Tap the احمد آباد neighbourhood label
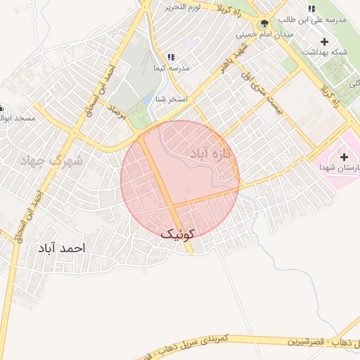(x=63, y=248)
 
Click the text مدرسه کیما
(x=171, y=68)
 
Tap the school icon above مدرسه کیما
(x=170, y=57)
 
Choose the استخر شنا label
(x=172, y=99)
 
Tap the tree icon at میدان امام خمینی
(x=264, y=22)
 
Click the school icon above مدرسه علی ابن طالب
(x=311, y=8)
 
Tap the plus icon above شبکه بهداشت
(x=324, y=41)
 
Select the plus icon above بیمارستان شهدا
(x=344, y=156)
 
